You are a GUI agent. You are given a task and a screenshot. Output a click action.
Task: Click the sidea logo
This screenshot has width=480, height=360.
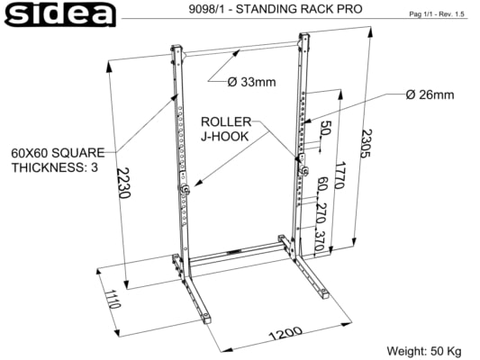(60, 14)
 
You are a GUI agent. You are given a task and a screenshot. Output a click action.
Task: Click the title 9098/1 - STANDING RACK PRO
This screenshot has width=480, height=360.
(276, 9)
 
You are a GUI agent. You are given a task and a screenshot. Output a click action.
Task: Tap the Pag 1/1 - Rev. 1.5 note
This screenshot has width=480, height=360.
(437, 14)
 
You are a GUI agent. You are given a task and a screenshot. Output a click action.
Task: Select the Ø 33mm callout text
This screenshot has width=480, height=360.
(251, 82)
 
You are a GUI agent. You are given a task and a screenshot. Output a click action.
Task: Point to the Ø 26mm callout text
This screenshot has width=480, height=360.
(430, 94)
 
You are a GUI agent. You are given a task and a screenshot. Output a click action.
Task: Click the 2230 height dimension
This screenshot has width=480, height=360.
(124, 183)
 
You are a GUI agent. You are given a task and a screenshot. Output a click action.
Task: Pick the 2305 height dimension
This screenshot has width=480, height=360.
(366, 143)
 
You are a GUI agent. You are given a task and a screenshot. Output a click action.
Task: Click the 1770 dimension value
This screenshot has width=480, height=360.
(340, 175)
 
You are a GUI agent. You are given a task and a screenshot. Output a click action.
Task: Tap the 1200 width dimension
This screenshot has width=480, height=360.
(285, 333)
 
